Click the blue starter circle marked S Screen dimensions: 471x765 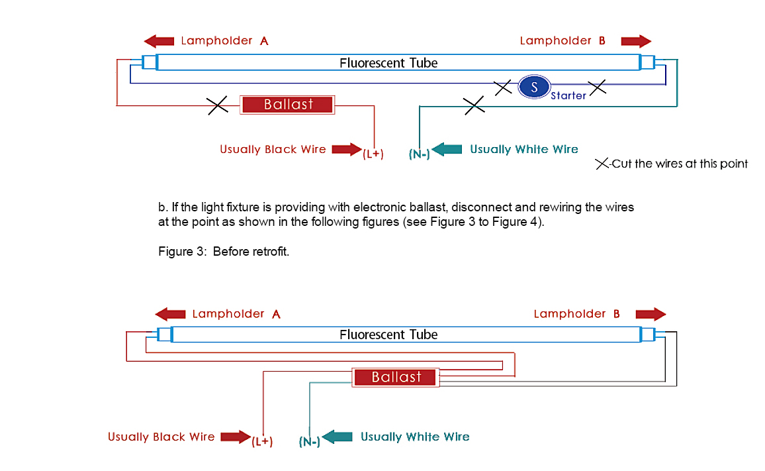535,86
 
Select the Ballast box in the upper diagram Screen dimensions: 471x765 288,104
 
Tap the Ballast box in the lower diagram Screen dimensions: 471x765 396,378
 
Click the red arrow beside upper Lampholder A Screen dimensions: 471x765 159,41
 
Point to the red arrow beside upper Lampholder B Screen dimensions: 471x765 636,41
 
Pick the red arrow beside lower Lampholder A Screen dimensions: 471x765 170,314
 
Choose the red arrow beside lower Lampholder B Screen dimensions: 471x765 650,314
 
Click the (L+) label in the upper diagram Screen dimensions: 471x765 373,154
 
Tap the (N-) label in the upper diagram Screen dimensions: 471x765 420,154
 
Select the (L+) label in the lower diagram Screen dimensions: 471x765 262,441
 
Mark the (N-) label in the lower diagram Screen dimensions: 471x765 309,441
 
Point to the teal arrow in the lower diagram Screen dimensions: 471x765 338,437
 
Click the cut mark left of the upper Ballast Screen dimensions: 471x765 218,105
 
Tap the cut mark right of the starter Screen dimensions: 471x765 598,87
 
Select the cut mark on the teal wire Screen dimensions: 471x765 473,105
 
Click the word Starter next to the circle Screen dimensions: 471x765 568,96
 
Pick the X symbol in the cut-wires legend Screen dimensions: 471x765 602,164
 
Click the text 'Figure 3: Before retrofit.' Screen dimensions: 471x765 224,252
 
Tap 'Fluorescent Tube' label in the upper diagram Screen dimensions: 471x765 388,63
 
